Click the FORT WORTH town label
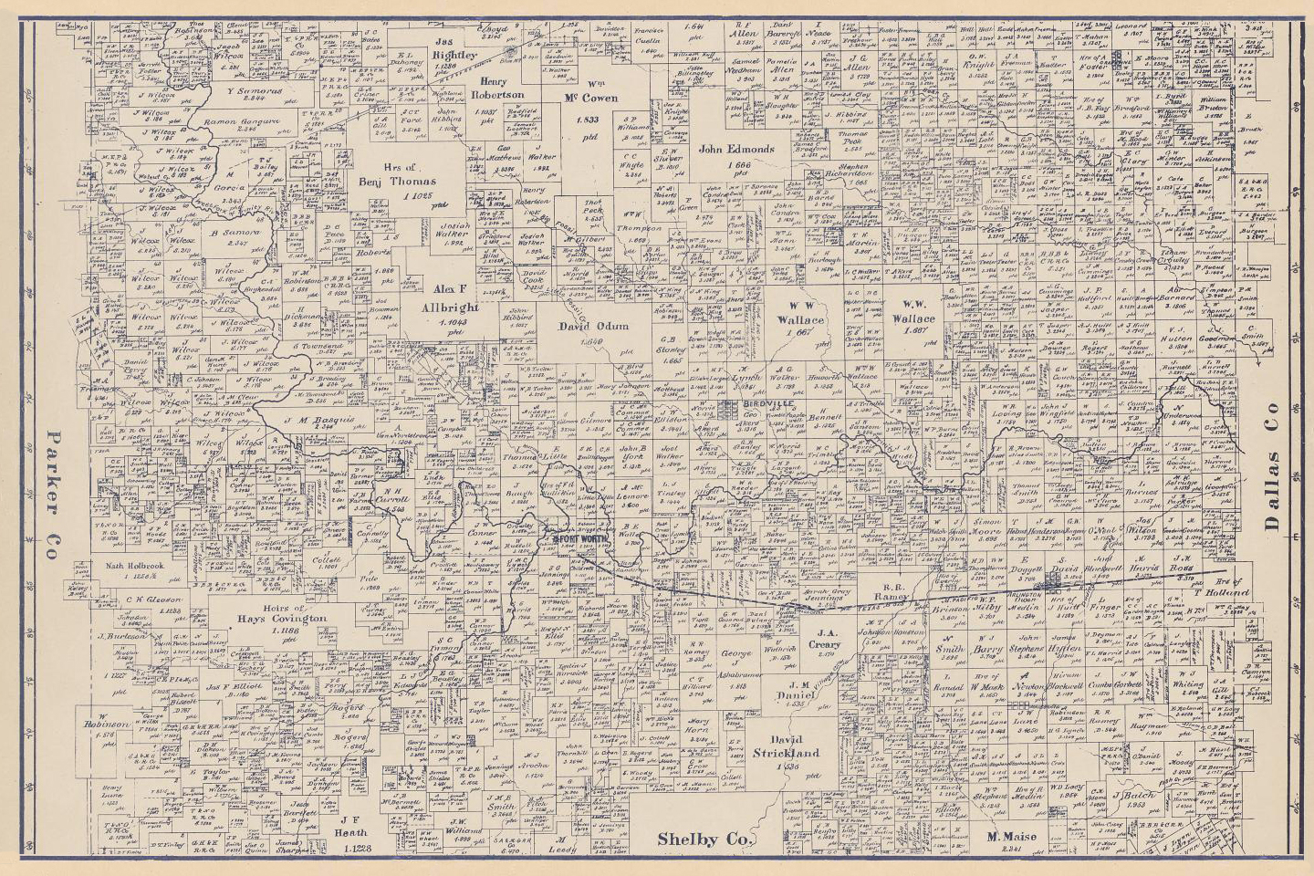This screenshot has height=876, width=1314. tap(576, 538)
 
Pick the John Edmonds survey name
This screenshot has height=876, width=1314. tap(736, 149)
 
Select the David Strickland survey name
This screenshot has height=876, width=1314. tap(787, 746)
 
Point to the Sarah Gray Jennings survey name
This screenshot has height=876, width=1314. tap(827, 596)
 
